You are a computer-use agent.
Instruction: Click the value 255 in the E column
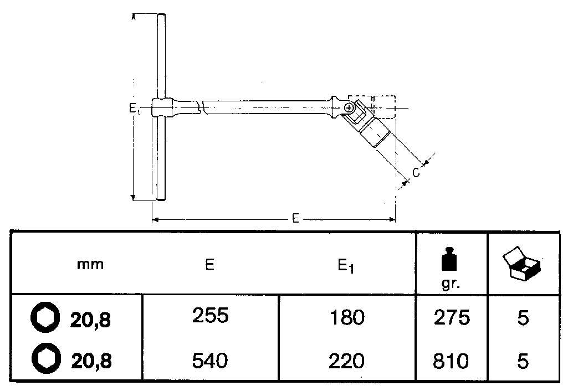pos(210,316)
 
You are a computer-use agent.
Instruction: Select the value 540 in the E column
pos(210,361)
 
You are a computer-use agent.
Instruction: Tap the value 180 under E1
pos(347,317)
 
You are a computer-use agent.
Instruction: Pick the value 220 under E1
pos(346,361)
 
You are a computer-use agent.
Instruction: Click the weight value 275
pos(452,317)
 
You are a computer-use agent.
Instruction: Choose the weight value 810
pos(451,361)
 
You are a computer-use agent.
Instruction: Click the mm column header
pos(90,264)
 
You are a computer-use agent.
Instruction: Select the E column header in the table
pos(209,264)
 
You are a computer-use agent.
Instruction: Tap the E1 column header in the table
pos(346,266)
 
